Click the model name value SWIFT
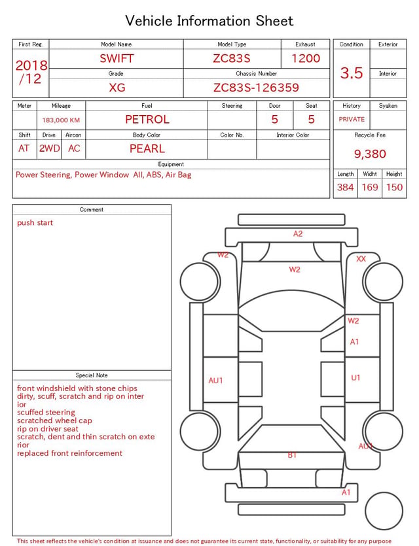pos(117,58)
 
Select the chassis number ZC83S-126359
pos(256,87)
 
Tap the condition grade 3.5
pos(352,73)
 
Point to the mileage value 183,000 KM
pos(61,120)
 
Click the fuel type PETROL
pos(147,120)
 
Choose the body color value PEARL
pos(147,148)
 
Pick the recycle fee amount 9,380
pos(370,154)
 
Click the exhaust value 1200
pos(306,58)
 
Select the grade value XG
pos(117,88)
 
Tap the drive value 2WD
pos(49,148)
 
